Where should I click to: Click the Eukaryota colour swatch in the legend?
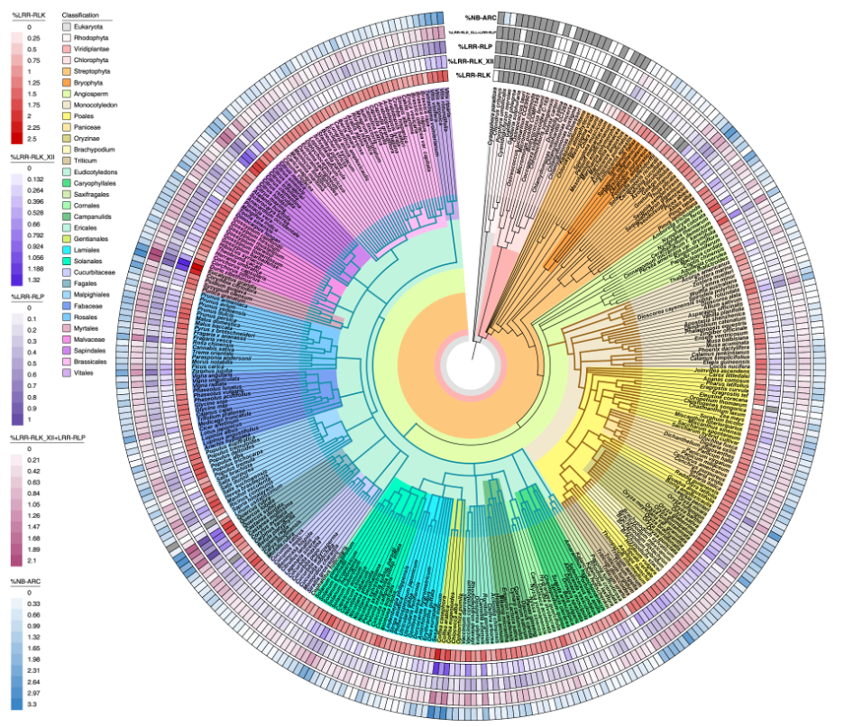66,28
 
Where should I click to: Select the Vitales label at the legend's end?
86,370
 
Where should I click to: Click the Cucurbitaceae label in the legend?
95,271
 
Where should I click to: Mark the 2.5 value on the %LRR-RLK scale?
32,139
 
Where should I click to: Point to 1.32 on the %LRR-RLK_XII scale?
34,280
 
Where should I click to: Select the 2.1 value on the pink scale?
32,560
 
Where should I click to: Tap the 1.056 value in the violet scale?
35,257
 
